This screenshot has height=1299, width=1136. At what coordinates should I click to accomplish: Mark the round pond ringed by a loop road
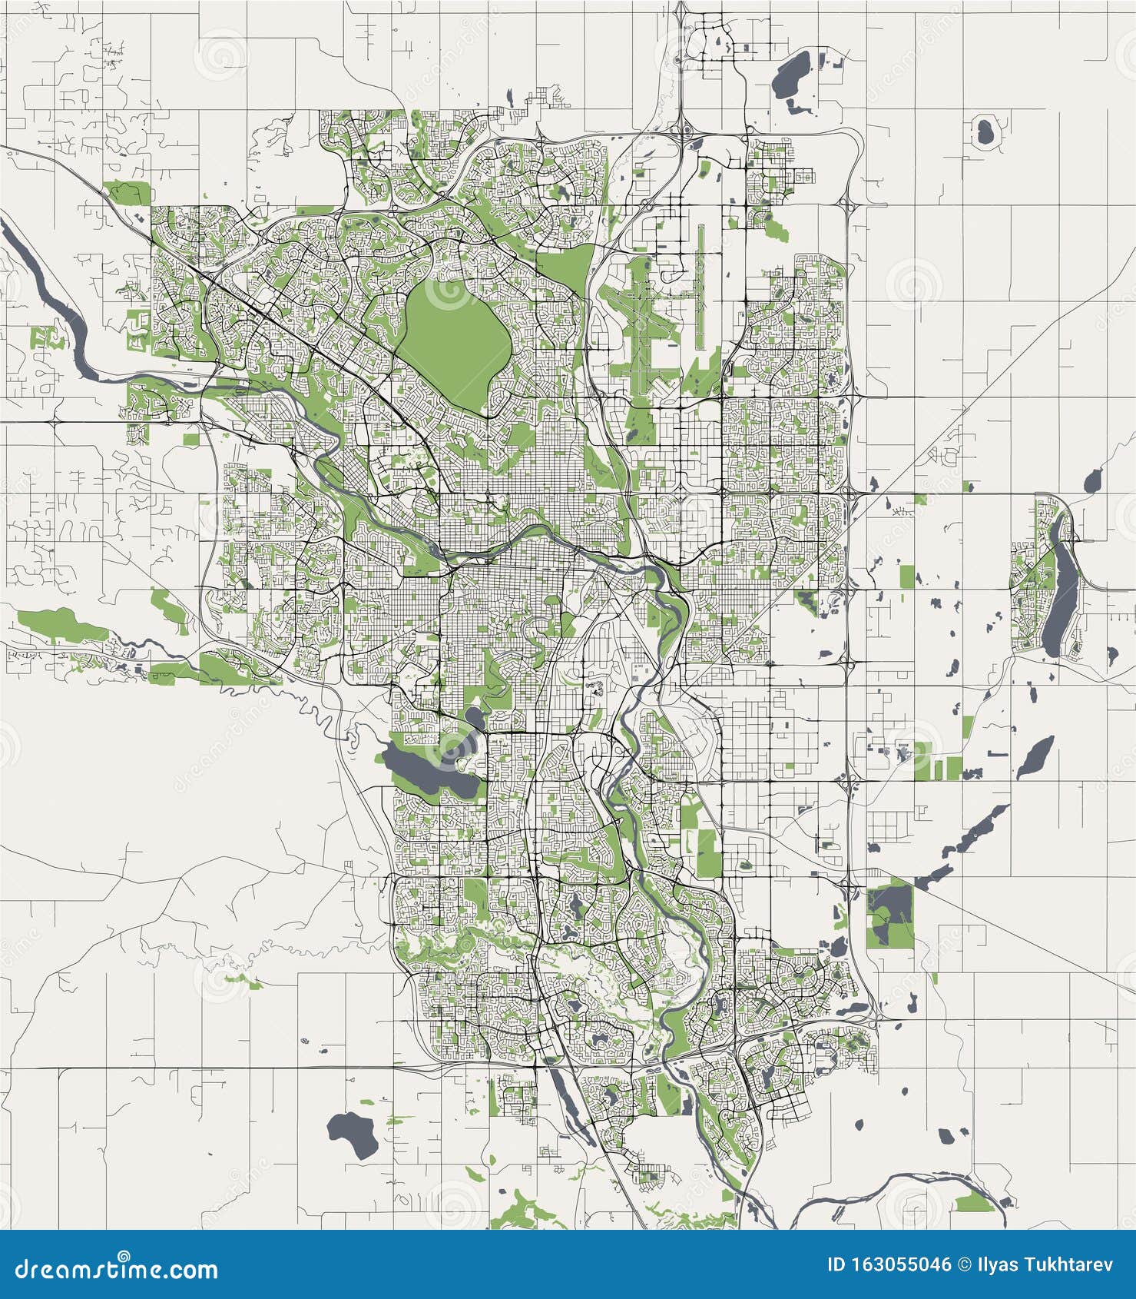pyautogui.click(x=984, y=131)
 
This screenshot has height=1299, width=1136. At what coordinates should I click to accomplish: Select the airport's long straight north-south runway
pyautogui.click(x=700, y=286)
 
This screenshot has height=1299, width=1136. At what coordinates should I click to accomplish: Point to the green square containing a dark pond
pyautogui.click(x=890, y=916)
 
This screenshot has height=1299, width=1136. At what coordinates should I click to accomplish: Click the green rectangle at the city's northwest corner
pyautogui.click(x=128, y=192)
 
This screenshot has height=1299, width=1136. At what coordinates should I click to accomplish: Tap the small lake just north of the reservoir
pyautogui.click(x=473, y=719)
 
